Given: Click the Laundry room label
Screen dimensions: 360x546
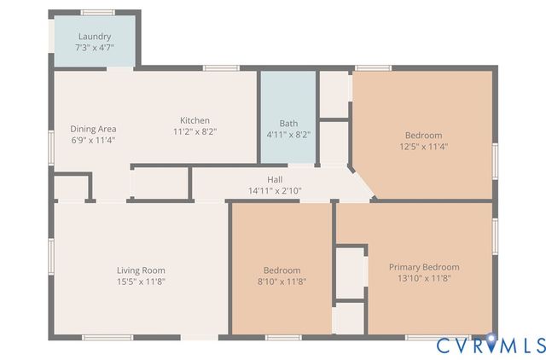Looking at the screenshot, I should coord(95,37).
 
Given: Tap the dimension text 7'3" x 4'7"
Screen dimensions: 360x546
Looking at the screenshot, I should coord(95,48).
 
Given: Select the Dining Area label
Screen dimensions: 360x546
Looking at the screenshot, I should coord(93,129).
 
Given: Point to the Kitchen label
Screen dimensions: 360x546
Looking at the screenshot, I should coord(195,120).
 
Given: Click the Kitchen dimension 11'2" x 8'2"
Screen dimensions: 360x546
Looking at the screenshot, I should coord(195,131).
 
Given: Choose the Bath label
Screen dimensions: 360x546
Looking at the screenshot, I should coord(288,123).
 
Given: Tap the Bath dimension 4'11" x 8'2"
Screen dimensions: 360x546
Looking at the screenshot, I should coord(288,134).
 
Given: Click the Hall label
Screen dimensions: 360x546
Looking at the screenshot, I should coord(275,179).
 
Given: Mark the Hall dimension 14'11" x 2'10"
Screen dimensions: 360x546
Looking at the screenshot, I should coord(275,190).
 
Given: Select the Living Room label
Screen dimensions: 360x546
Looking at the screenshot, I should coord(141,270).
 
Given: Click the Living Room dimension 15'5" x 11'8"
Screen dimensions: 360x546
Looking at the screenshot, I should coord(141,282).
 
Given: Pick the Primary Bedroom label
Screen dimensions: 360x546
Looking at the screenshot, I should coord(424,267).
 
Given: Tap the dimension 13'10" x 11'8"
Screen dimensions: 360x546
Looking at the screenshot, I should coord(424,278).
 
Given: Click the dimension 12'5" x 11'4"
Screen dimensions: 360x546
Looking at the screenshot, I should coord(423,146).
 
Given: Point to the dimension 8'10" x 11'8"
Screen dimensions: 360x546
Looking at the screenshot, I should coord(282,282).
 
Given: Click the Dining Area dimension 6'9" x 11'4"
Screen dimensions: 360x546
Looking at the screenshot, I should coord(93,140).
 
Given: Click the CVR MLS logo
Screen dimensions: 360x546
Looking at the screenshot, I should coord(491,345).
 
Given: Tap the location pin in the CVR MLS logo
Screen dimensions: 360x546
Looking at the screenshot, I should coord(491,340).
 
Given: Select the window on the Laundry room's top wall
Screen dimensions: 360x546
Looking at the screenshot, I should coord(97,12).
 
